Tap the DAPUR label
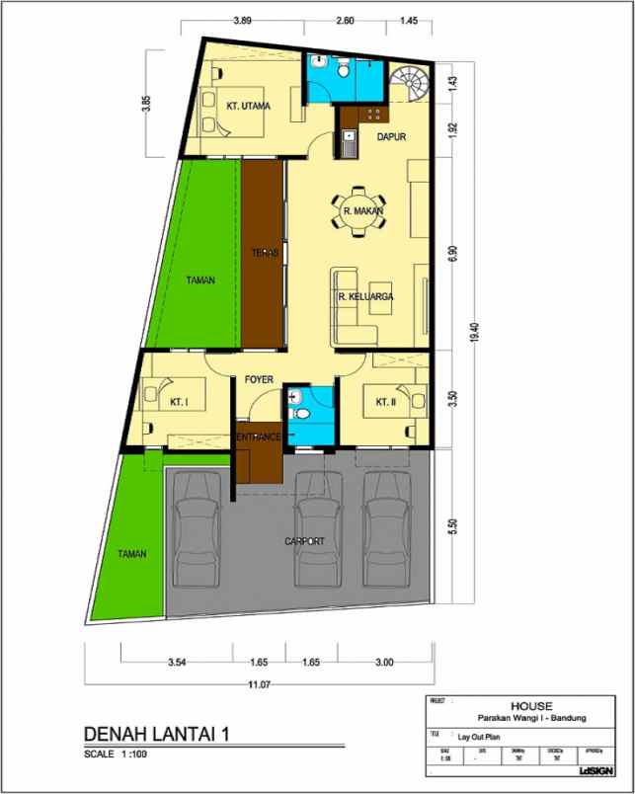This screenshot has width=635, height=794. coord(392,137)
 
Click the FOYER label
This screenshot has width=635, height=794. coord(259,378)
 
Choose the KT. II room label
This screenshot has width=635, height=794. coord(385,402)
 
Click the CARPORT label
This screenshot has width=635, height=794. coord(304,541)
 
